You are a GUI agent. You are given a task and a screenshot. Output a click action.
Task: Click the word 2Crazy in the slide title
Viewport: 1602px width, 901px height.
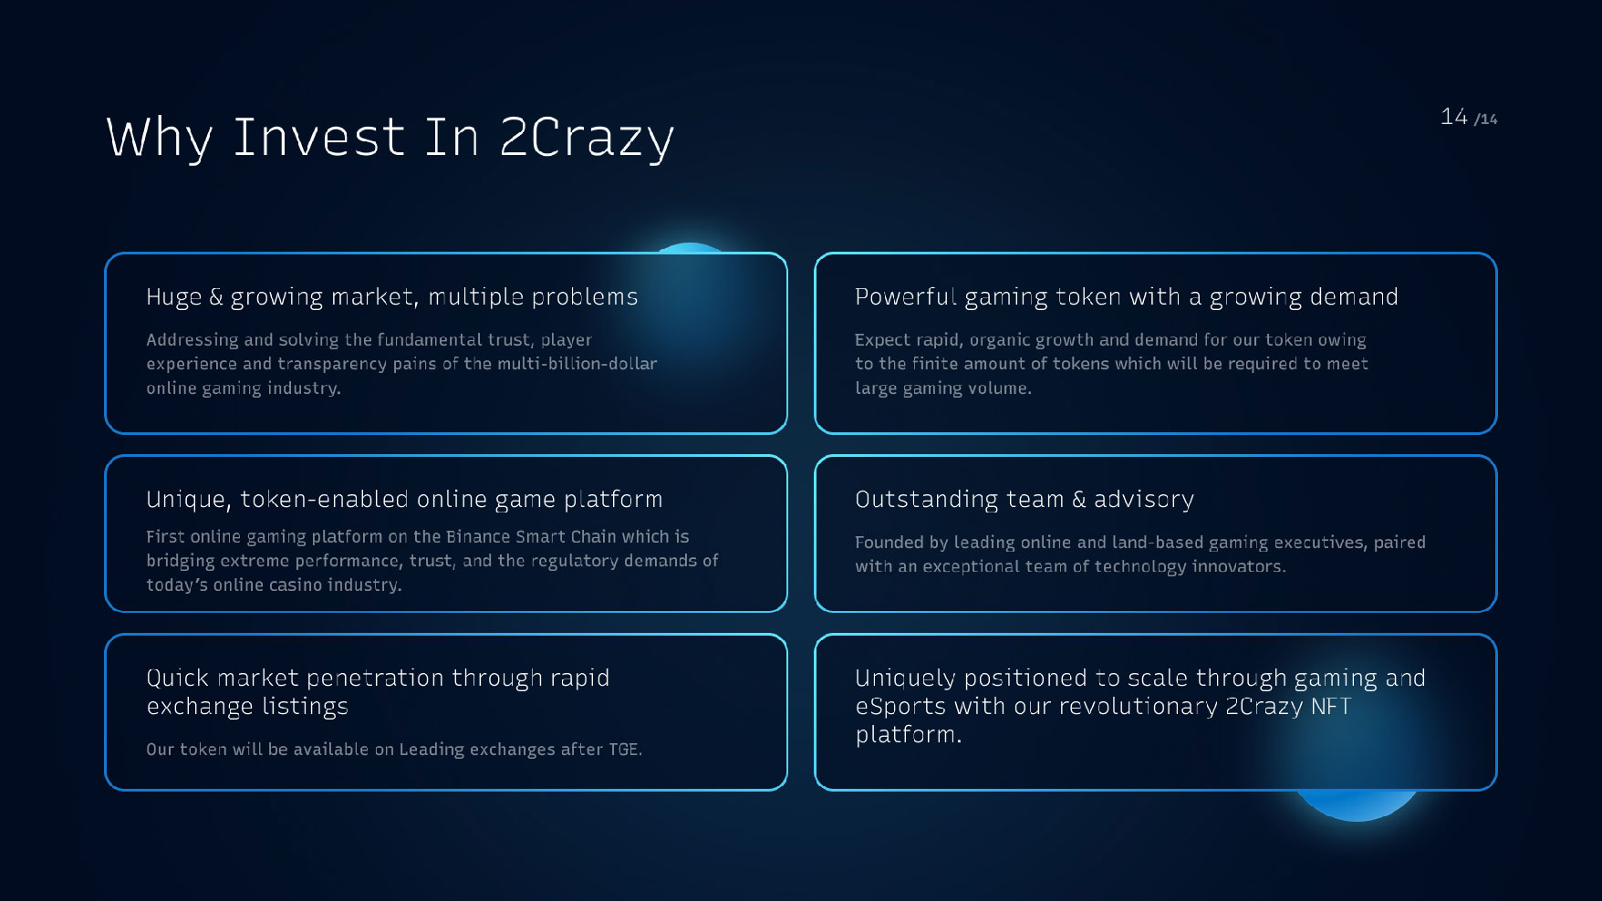(x=587, y=138)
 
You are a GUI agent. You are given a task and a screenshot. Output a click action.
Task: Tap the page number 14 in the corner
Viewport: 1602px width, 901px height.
(x=1454, y=117)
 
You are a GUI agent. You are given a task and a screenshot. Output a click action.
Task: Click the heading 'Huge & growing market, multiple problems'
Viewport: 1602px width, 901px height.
(x=392, y=297)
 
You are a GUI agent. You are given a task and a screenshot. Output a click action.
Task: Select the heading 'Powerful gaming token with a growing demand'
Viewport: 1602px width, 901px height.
(x=1126, y=297)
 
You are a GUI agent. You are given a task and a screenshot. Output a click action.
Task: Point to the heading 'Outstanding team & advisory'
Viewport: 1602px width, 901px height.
(x=1025, y=500)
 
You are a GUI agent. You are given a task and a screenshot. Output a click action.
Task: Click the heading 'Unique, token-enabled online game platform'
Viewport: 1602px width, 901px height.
(x=404, y=500)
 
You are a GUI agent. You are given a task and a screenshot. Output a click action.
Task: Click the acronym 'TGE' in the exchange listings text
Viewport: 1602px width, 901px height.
(x=625, y=750)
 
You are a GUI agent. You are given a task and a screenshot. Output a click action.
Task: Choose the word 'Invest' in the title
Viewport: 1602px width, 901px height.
(x=318, y=138)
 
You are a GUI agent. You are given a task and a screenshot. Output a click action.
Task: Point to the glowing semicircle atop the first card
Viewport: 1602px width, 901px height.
(x=690, y=248)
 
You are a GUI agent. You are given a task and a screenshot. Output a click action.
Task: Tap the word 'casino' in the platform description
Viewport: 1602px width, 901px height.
(x=294, y=585)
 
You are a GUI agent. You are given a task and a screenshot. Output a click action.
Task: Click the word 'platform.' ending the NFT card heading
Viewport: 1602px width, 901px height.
(x=909, y=735)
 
